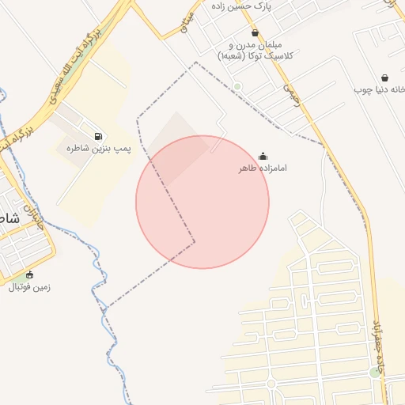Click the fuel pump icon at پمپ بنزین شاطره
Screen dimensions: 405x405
tap(98, 136)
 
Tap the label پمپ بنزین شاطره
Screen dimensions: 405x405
tap(98, 148)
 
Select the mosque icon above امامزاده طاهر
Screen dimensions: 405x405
tap(263, 157)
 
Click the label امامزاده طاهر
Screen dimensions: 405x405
tap(263, 168)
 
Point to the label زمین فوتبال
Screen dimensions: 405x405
tap(29, 287)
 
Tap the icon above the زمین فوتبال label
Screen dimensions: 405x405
tap(29, 275)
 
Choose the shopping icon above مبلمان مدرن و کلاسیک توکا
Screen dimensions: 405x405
tap(255, 33)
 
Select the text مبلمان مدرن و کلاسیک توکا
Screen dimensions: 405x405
tap(255, 51)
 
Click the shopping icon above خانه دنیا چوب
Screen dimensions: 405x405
tap(384, 78)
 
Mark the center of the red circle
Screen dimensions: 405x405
tap(202, 202)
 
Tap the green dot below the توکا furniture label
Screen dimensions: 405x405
tap(237, 86)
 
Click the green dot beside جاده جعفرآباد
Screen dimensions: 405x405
tap(374, 373)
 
